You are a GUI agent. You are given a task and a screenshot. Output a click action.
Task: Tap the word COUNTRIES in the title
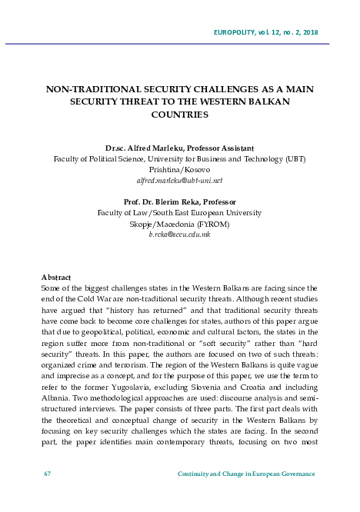tap(179, 114)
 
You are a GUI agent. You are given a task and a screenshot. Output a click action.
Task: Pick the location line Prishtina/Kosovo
tap(179, 169)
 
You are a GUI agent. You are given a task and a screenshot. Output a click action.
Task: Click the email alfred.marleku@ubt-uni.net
tap(179, 180)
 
